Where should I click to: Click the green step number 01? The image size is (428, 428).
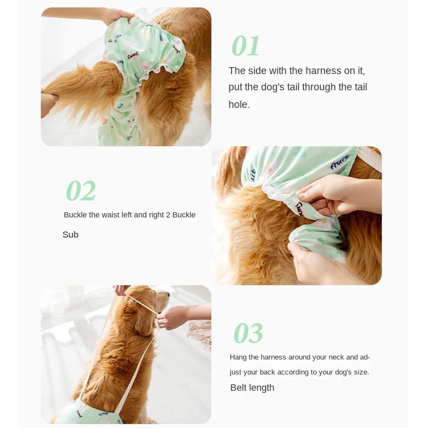(x=246, y=46)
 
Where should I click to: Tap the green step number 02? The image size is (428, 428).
(x=81, y=191)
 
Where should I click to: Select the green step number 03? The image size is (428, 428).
(x=248, y=333)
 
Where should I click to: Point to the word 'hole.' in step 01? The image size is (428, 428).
(x=239, y=104)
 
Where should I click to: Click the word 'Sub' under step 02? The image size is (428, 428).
(x=71, y=235)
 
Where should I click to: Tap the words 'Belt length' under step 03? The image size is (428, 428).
(x=252, y=388)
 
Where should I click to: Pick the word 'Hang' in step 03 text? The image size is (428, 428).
(x=238, y=357)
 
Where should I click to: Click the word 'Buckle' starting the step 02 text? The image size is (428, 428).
(x=75, y=215)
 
